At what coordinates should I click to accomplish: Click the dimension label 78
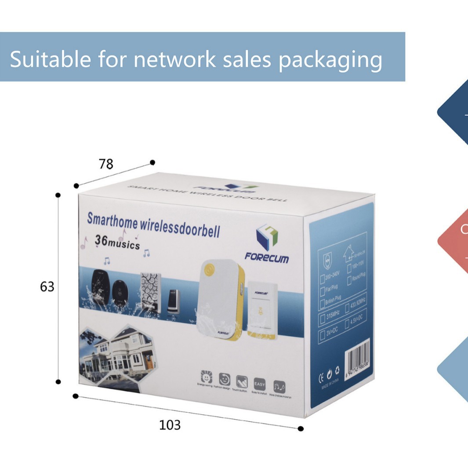point(106,164)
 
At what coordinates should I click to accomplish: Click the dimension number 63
point(47,287)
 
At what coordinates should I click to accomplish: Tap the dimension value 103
point(170,425)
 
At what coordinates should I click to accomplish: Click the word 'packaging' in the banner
point(330,59)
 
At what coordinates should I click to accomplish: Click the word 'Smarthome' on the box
point(112,218)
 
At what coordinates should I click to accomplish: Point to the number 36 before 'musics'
point(101,241)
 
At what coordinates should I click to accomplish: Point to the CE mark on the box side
point(321,377)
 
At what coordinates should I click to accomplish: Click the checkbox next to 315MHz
point(322,318)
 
